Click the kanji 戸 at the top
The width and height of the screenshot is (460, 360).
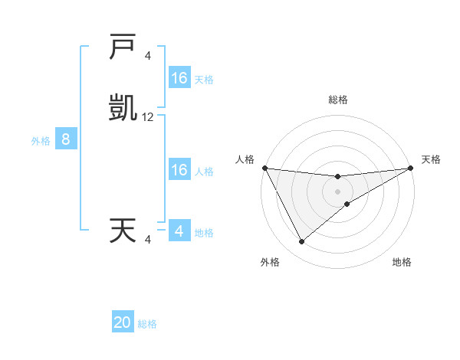(123, 47)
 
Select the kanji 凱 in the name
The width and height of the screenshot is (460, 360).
(123, 109)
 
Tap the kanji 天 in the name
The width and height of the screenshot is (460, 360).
(123, 231)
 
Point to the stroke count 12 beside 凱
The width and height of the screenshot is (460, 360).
(148, 117)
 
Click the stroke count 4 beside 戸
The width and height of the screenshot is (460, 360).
(147, 56)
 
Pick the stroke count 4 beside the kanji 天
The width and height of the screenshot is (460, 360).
(147, 240)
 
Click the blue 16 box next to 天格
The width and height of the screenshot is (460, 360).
(179, 78)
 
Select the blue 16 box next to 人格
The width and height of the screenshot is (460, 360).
(179, 170)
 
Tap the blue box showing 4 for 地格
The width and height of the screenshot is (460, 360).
(179, 231)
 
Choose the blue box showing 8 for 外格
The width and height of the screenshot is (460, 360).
(66, 139)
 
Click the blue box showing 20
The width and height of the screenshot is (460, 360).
(123, 322)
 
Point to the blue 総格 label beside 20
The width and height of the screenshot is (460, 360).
(147, 325)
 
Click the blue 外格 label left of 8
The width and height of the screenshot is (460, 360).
(40, 141)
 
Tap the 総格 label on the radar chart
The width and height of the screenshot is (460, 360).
(337, 100)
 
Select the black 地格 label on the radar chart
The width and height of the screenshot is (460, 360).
(402, 262)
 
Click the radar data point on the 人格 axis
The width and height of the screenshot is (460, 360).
(264, 168)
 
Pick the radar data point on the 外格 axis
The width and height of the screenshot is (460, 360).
(301, 242)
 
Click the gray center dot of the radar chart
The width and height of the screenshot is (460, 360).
(337, 191)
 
